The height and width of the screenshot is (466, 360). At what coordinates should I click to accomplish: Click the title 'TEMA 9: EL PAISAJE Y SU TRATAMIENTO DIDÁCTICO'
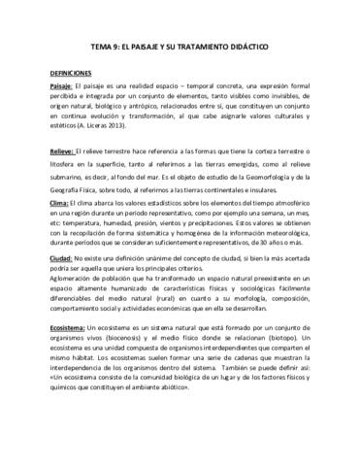[180, 46]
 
